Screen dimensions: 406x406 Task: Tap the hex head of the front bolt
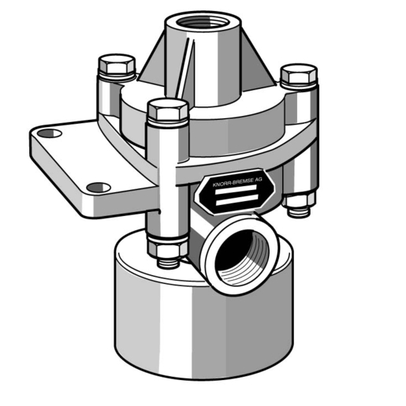[167, 110]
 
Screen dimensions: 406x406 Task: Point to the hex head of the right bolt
[298, 76]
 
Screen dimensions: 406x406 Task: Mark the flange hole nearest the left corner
[49, 134]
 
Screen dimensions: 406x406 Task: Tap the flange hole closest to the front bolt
[98, 188]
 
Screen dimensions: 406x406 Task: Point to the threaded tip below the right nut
[298, 213]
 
